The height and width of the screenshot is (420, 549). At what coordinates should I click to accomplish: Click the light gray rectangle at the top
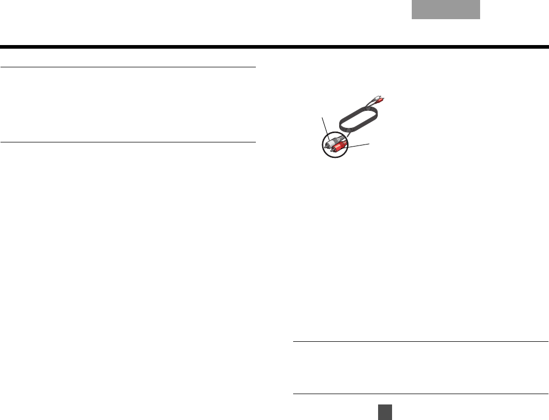tap(446, 10)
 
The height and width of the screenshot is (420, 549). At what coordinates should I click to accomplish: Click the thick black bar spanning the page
tap(274, 47)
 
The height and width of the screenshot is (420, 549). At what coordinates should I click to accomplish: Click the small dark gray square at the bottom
tap(383, 411)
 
